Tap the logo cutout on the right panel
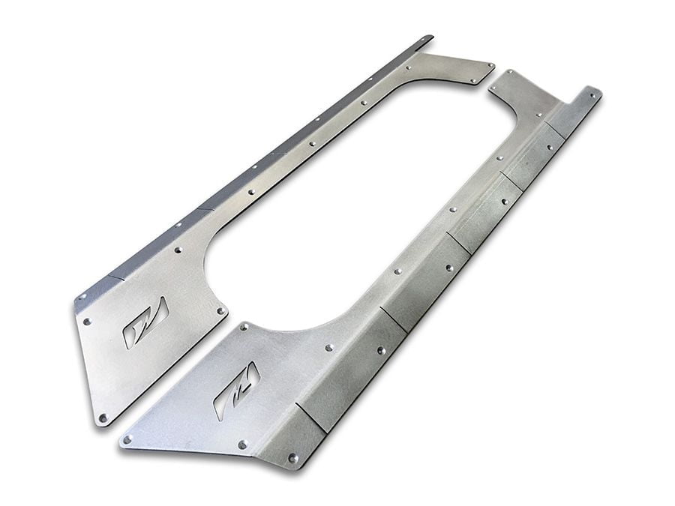(236, 391)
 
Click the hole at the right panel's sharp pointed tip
(127, 439)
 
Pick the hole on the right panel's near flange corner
(292, 457)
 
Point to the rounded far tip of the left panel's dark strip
(428, 37)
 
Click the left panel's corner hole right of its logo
(220, 310)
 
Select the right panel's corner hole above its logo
(243, 327)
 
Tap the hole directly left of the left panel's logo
(88, 321)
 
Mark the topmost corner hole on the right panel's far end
(510, 73)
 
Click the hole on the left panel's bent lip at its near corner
(82, 298)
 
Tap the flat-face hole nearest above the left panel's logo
(178, 249)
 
